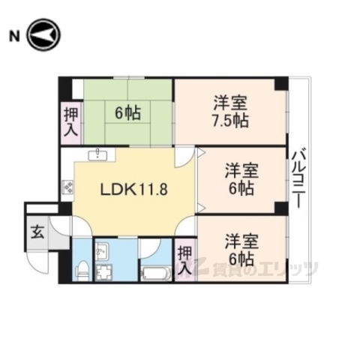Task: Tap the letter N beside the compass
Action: click(x=13, y=35)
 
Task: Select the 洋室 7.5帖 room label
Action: click(x=230, y=112)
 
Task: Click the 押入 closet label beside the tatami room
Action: click(x=69, y=121)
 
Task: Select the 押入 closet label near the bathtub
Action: click(x=184, y=260)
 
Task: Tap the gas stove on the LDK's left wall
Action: click(x=67, y=187)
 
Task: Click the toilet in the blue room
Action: click(x=82, y=269)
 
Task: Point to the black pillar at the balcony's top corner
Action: click(x=280, y=82)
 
